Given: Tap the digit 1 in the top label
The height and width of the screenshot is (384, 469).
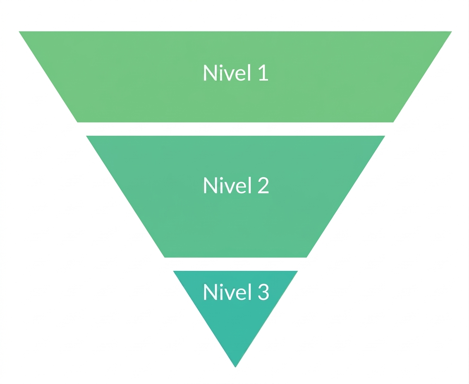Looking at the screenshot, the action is pyautogui.click(x=263, y=73).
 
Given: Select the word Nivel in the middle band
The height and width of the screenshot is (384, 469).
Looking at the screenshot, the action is pyautogui.click(x=227, y=185).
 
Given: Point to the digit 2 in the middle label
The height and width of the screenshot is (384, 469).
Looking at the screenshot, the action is pyautogui.click(x=263, y=185).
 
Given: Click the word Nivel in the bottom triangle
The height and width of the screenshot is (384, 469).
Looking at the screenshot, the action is pyautogui.click(x=227, y=291).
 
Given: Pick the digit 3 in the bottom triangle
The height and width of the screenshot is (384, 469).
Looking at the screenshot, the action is pyautogui.click(x=263, y=292).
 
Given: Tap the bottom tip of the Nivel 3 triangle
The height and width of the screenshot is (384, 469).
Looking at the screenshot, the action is pyautogui.click(x=235, y=367).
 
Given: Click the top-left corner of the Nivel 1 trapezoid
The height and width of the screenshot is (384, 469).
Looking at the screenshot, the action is pyautogui.click(x=19, y=31).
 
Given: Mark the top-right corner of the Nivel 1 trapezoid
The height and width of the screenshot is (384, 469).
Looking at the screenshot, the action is pyautogui.click(x=452, y=31).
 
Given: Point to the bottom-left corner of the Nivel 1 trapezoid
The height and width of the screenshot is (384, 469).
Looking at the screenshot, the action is pyautogui.click(x=77, y=122).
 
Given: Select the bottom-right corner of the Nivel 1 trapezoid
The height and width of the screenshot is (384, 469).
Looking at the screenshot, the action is pyautogui.click(x=393, y=122).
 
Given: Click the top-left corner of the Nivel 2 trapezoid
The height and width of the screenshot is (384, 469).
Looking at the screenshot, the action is pyautogui.click(x=86, y=136).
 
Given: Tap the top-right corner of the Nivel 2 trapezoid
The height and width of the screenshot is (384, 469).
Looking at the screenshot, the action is pyautogui.click(x=385, y=136).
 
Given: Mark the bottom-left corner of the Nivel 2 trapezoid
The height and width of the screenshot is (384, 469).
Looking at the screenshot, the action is pyautogui.click(x=165, y=257).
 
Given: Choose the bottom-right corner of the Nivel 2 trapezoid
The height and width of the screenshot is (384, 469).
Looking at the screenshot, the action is pyautogui.click(x=306, y=257).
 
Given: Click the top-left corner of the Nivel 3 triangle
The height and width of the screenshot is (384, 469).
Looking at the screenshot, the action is pyautogui.click(x=173, y=271).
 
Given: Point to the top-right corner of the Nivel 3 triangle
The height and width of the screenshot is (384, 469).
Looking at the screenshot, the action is pyautogui.click(x=298, y=271).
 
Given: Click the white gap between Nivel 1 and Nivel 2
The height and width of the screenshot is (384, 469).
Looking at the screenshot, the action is pyautogui.click(x=235, y=129).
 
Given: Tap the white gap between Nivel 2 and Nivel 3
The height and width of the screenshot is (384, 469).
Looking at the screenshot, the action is pyautogui.click(x=235, y=264).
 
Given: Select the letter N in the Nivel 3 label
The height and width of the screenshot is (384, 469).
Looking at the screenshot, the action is pyautogui.click(x=210, y=292).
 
